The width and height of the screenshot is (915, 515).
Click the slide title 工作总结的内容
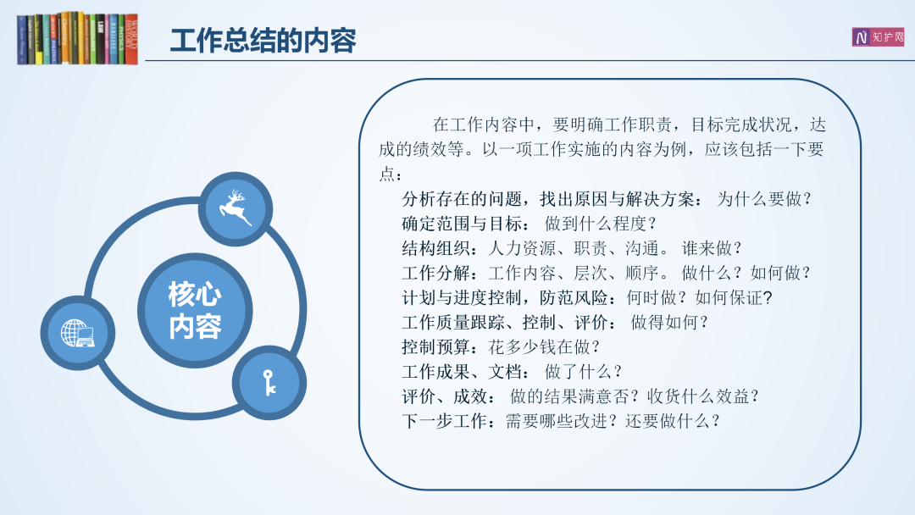263,41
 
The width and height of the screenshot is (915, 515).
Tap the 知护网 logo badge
878,36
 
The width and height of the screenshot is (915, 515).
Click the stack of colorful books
78,38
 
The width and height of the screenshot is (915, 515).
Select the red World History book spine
131,38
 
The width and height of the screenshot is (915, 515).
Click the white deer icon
236,208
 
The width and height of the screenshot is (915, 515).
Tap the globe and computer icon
78,333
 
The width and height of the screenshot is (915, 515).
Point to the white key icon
269,383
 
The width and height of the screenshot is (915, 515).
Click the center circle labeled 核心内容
195,310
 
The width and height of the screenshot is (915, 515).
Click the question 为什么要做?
764,199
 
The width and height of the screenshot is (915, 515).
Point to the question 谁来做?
712,248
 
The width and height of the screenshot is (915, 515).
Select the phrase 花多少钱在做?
544,347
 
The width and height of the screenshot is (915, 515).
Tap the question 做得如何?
669,323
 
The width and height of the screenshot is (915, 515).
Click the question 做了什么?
583,372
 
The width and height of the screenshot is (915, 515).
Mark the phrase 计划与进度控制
462,298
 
